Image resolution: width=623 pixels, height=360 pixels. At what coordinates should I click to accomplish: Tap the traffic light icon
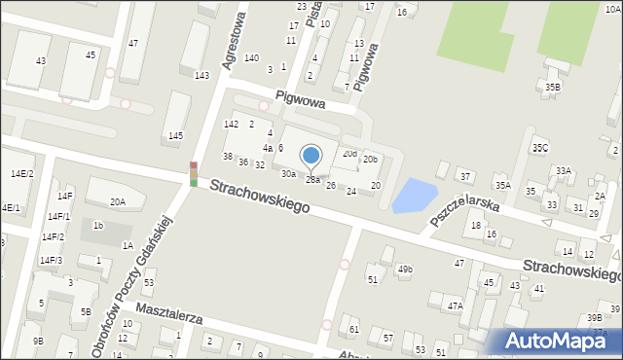point(194,174)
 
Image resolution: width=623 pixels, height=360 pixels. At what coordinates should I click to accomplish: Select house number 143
point(202,75)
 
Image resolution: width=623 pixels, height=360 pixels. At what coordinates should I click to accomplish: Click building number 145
point(175,135)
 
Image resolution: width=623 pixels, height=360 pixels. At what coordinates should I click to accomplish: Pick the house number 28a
point(312,179)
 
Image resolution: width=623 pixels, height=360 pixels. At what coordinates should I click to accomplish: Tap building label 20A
point(117,202)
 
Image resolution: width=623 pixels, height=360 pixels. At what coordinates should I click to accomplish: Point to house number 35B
point(553,87)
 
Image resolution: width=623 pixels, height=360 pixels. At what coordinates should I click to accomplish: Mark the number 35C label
point(539,148)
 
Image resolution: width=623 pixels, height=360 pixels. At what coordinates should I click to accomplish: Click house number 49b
point(404,269)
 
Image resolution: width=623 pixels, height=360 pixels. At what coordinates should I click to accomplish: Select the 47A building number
point(454,306)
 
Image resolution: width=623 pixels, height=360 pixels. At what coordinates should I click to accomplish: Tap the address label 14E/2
point(21,172)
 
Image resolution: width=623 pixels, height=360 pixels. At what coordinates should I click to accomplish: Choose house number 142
point(231,124)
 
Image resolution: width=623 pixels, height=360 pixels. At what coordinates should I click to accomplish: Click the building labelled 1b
point(98,226)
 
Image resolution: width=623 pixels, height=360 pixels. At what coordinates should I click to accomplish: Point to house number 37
point(465,176)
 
